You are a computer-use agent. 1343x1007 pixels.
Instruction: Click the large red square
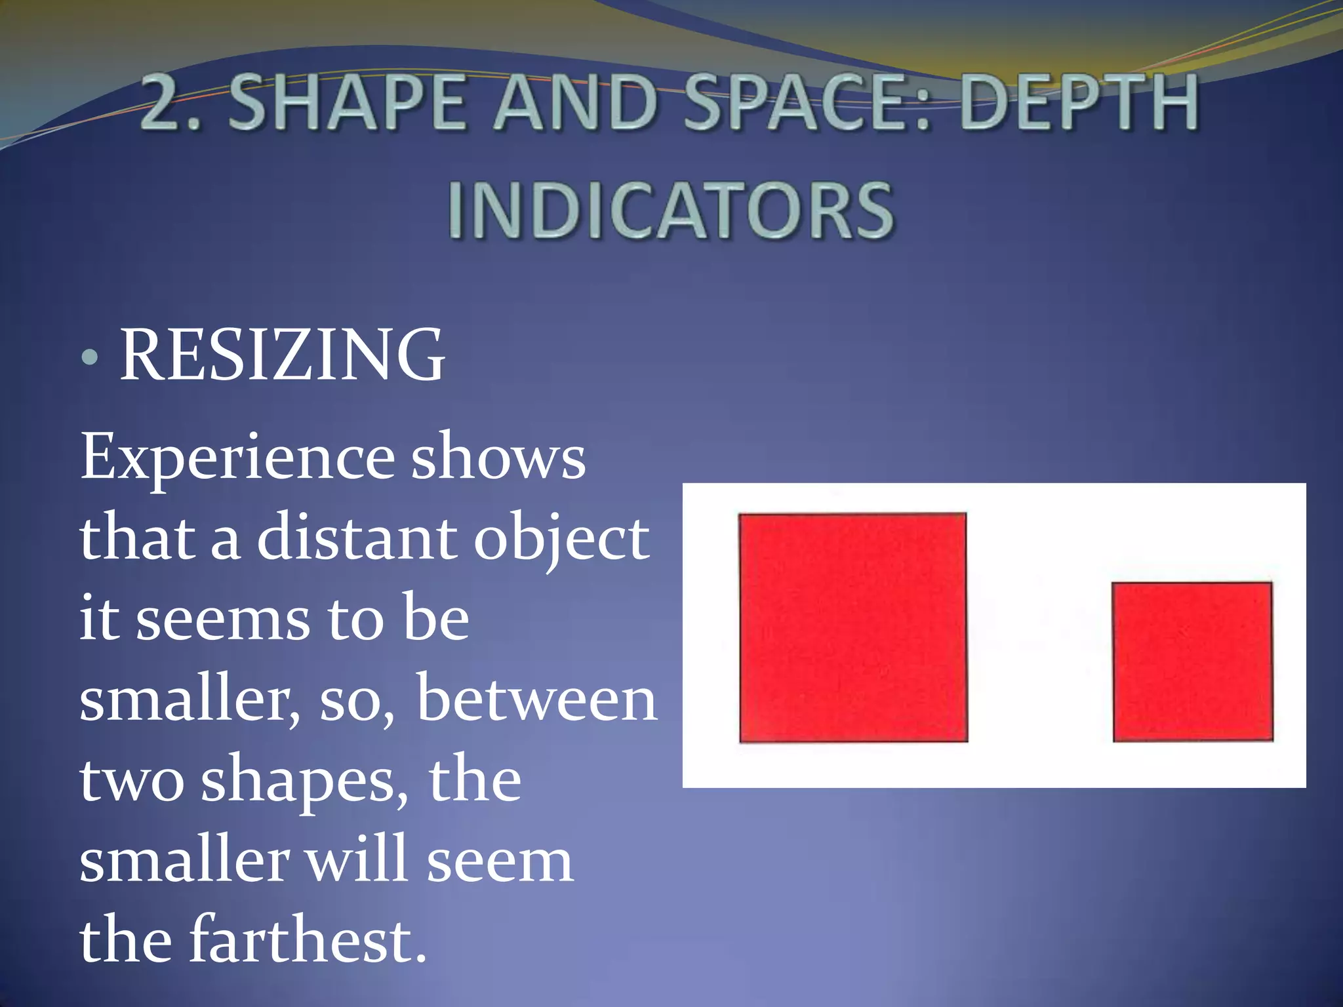click(x=853, y=627)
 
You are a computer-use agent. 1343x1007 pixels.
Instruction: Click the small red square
click(x=1193, y=661)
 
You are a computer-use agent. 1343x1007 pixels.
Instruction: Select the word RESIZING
click(x=282, y=355)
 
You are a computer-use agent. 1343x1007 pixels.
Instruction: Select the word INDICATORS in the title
click(x=670, y=210)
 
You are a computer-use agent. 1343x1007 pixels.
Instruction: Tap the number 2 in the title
click(x=167, y=104)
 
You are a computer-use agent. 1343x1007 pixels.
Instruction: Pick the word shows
click(x=498, y=457)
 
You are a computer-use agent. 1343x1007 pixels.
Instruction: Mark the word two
click(x=132, y=780)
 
